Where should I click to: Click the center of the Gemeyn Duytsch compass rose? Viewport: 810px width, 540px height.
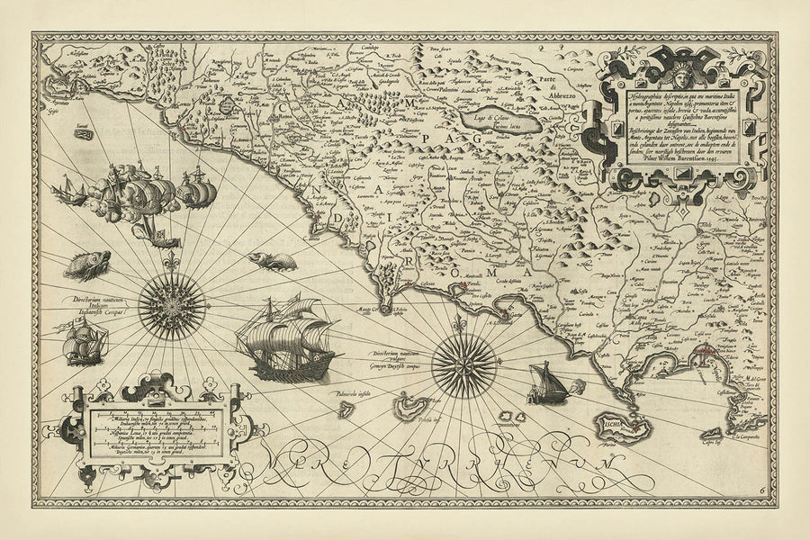pyautogui.click(x=464, y=365)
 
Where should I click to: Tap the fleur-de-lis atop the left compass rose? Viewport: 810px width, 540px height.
pyautogui.click(x=171, y=264)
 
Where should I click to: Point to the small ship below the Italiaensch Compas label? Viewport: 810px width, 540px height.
pyautogui.click(x=85, y=344)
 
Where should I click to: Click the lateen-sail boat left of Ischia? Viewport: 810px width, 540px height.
pyautogui.click(x=545, y=383)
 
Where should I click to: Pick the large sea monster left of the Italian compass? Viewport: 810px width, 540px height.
pyautogui.click(x=87, y=265)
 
